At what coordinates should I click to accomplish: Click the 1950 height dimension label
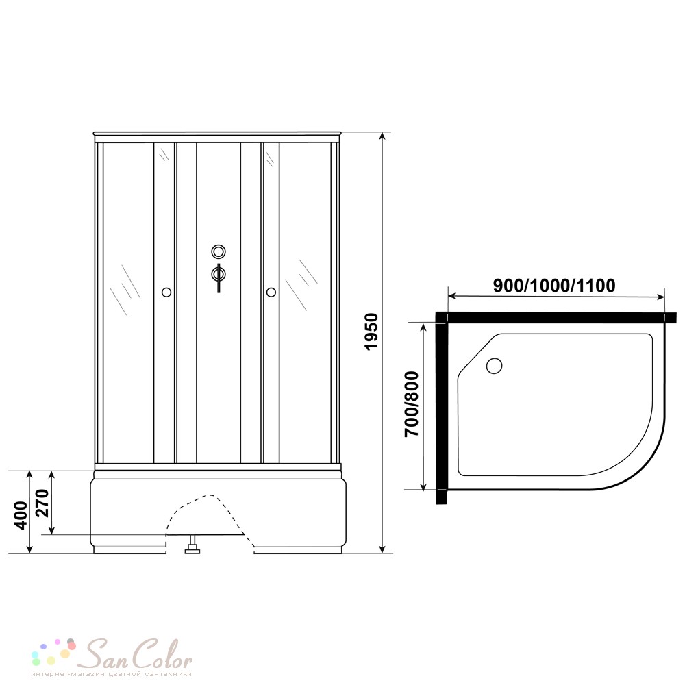pyautogui.click(x=371, y=331)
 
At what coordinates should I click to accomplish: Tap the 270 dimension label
pyautogui.click(x=42, y=503)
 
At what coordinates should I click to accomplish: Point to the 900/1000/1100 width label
pyautogui.click(x=554, y=286)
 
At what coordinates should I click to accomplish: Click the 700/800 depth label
pyautogui.click(x=412, y=404)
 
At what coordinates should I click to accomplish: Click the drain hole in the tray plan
pyautogui.click(x=494, y=365)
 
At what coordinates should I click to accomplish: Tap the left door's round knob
pyautogui.click(x=166, y=292)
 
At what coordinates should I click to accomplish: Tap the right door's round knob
pyautogui.click(x=271, y=292)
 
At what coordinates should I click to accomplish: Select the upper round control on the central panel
pyautogui.click(x=219, y=251)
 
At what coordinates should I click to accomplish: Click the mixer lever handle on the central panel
pyautogui.click(x=219, y=278)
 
